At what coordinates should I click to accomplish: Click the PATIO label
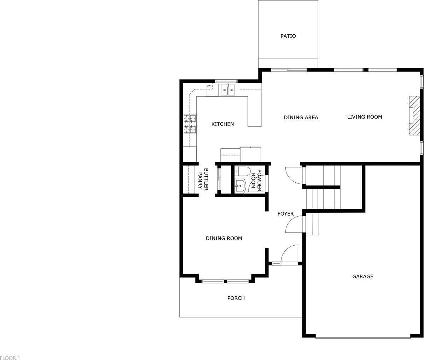(288, 36)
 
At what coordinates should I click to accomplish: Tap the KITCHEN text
(222, 124)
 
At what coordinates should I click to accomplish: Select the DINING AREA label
(301, 118)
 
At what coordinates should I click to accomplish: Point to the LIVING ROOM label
(364, 117)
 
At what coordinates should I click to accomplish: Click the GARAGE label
(362, 276)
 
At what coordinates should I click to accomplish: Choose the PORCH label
(236, 298)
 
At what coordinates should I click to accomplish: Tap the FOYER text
(285, 214)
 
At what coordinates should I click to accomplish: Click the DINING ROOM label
(224, 239)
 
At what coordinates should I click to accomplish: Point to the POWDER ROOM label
(256, 180)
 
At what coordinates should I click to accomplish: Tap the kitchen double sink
(228, 90)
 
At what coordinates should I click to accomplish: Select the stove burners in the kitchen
(190, 124)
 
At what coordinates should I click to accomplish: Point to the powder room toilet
(243, 171)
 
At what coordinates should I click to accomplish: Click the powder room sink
(240, 185)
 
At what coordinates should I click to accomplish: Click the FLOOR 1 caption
(10, 358)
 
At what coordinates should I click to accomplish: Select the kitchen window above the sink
(226, 81)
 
